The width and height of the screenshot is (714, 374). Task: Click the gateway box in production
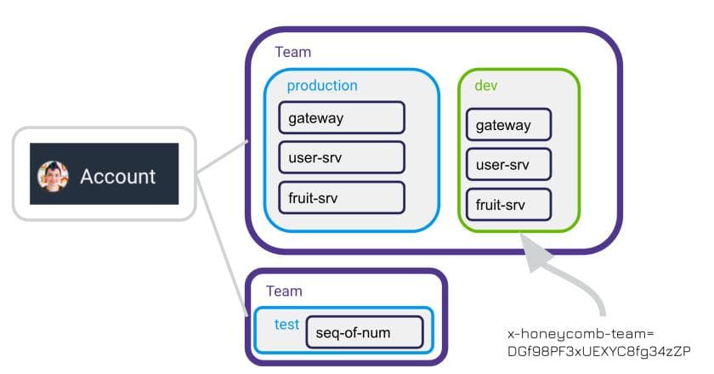coord(341,118)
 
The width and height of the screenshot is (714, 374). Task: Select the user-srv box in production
coord(341,157)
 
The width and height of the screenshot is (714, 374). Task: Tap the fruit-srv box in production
coord(341,197)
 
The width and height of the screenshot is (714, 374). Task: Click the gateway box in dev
coord(508,126)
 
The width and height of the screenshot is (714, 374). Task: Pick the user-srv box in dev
coord(508,165)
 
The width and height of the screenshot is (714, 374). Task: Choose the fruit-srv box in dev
coord(508,205)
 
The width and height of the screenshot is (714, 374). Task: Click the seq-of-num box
coord(364,332)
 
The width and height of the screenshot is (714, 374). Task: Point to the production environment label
coord(321,86)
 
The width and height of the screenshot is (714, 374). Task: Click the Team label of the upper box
coord(292,52)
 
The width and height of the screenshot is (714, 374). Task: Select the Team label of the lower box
coord(284,291)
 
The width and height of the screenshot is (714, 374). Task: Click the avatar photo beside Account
coord(53,176)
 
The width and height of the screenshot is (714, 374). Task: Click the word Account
coord(117,177)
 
